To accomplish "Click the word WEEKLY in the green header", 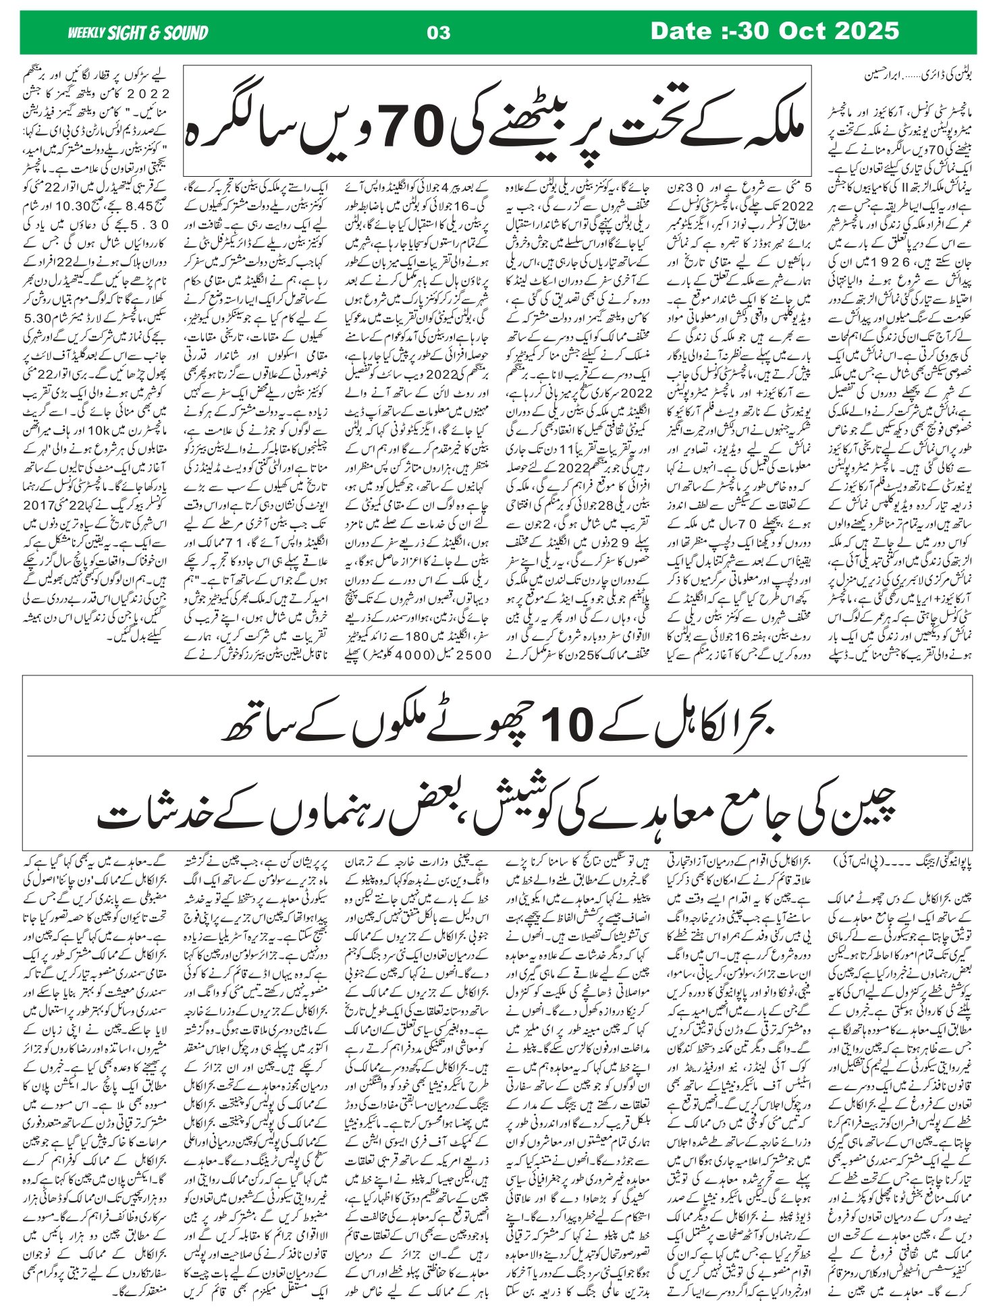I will point(86,32).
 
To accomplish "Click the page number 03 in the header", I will point(439,32).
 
